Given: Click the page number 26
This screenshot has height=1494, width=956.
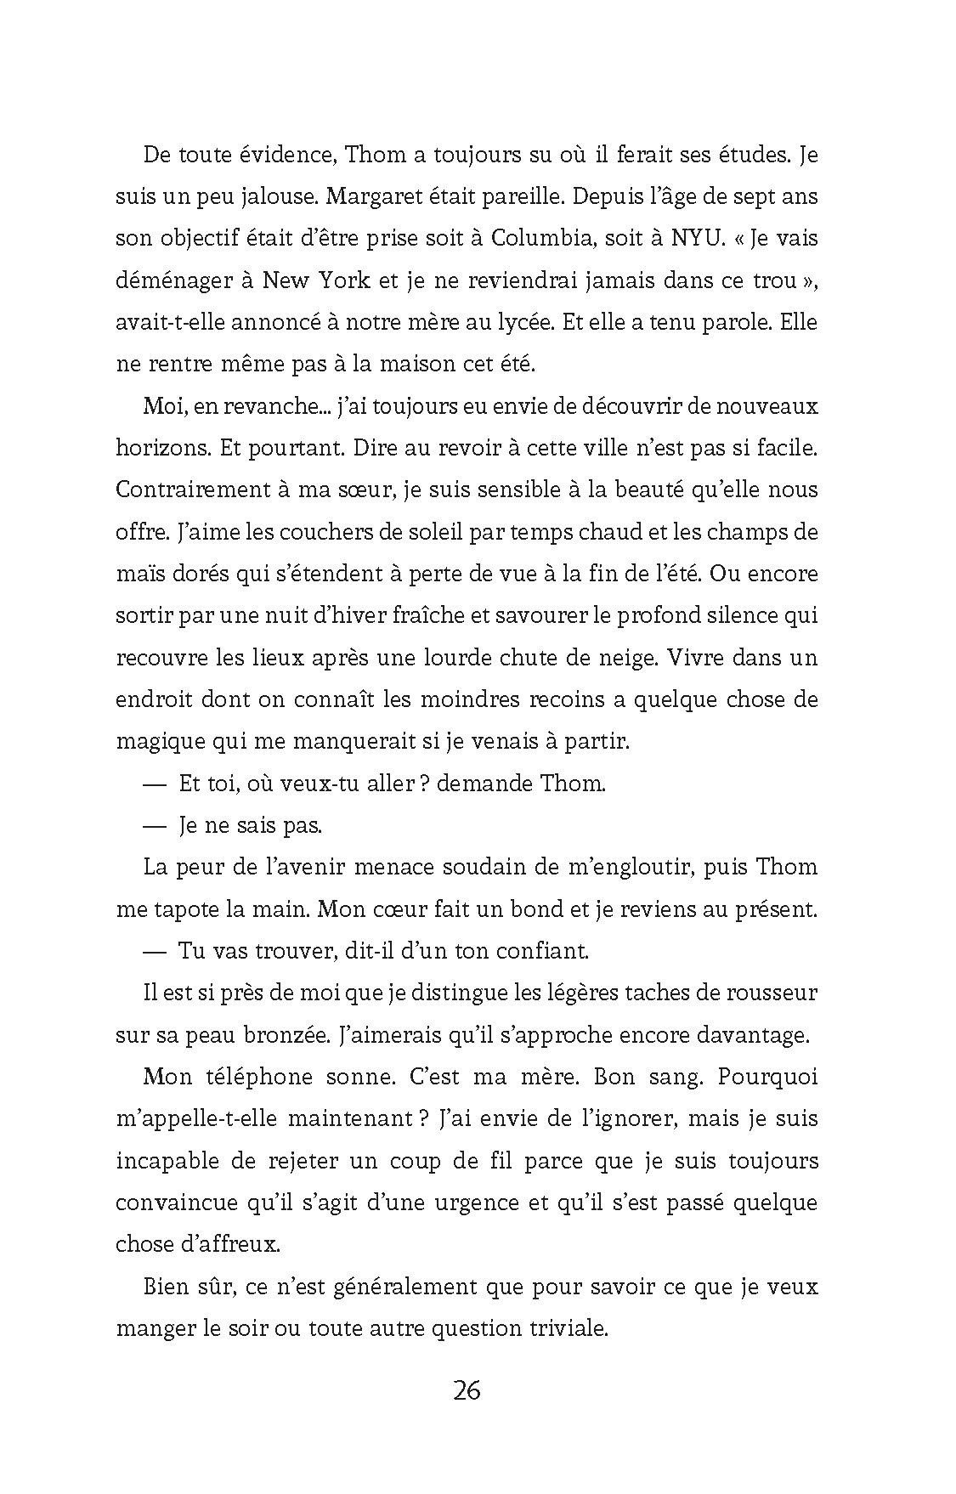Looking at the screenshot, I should (467, 1391).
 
